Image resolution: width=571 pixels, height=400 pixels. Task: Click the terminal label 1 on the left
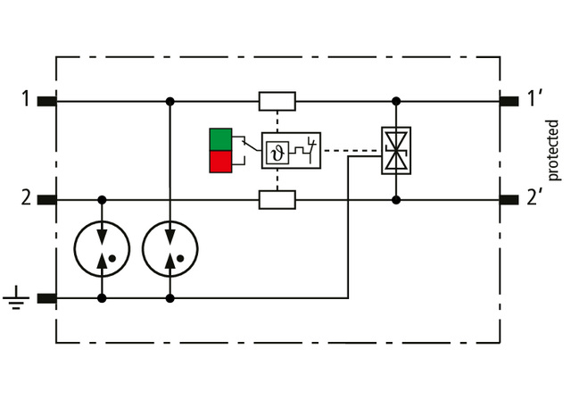27,99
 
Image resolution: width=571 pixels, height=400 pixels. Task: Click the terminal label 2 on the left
27,198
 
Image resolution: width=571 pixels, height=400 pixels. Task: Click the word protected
553,149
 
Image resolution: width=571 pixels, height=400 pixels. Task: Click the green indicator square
219,139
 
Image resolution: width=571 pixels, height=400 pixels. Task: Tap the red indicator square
219,162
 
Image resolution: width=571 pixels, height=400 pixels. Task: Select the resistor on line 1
277,101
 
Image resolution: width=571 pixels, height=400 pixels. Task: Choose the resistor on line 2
277,199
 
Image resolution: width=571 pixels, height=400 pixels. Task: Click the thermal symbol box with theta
277,150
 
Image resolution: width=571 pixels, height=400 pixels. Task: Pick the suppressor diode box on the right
395,150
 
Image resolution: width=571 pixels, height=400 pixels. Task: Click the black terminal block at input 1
47,101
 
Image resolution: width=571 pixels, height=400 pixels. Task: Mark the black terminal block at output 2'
509,199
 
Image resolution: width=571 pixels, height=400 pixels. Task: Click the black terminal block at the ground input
47,298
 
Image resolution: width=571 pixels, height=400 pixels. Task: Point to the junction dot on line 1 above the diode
396,101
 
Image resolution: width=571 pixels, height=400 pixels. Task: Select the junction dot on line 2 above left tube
103,199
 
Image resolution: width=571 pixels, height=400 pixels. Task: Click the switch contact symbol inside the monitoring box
308,146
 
